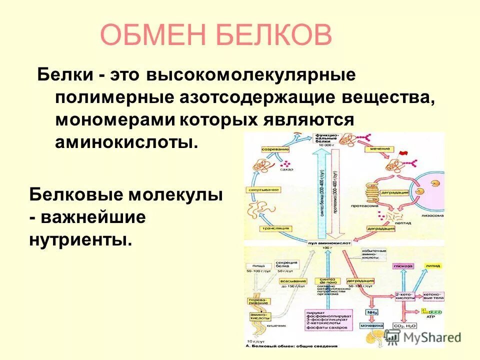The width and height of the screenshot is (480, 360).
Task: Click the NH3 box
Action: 371,312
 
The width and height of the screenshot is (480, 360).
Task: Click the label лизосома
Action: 433,216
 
